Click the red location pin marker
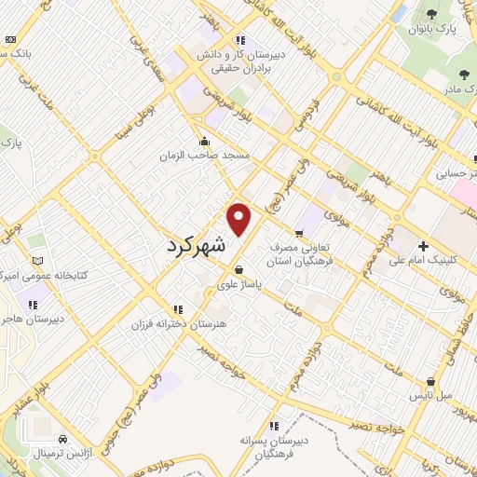point(239,219)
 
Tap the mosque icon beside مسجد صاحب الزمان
point(205,142)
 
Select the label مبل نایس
point(434,396)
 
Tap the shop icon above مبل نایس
point(430,381)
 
